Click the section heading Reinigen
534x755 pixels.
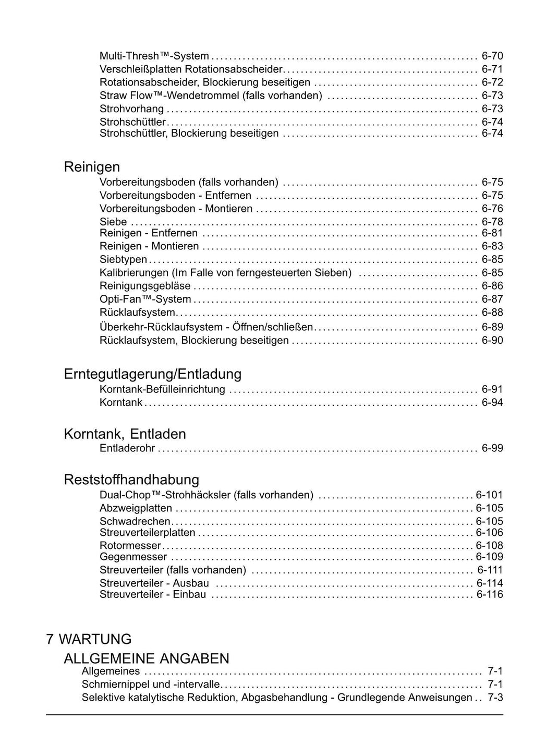coord(92,167)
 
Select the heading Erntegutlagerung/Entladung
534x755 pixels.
coord(152,374)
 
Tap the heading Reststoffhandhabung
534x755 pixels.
coord(131,480)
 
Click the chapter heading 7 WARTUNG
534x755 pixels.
coord(89,639)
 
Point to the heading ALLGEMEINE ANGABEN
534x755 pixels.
coord(146,658)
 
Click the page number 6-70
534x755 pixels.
coord(492,56)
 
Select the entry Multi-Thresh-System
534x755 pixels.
coord(154,56)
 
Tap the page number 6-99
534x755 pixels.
coord(492,448)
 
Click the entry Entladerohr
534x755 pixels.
coord(127,448)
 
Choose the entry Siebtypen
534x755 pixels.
coord(123,259)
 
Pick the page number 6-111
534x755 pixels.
coord(490,570)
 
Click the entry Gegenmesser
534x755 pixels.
coord(133,557)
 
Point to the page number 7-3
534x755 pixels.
coord(495,698)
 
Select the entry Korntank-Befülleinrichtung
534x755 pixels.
coord(162,389)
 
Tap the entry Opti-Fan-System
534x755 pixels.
coord(145,299)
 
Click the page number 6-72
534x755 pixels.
coord(492,82)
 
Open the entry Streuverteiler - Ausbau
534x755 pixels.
coord(154,583)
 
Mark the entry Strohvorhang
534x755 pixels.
coord(131,109)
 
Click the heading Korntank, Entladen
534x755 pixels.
coord(125,434)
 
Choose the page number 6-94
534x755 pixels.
coord(492,402)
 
